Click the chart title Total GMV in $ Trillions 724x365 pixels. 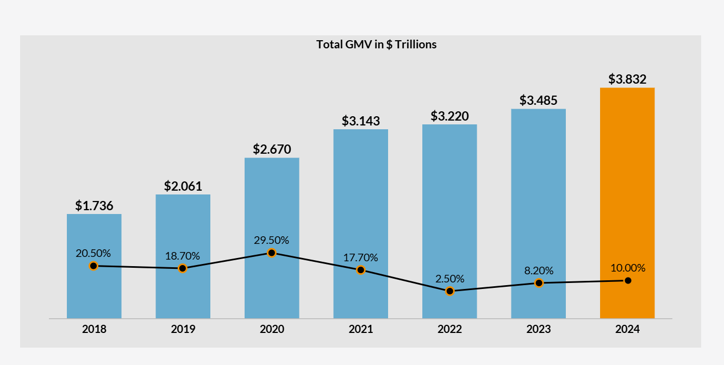pyautogui.click(x=376, y=45)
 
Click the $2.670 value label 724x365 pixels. pyautogui.click(x=272, y=149)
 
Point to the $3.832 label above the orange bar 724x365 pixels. pyautogui.click(x=627, y=79)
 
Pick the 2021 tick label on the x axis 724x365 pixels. pyautogui.click(x=360, y=329)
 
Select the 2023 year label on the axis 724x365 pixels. pyautogui.click(x=538, y=329)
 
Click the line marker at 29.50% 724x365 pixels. pyautogui.click(x=272, y=253)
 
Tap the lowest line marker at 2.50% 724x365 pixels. pyautogui.click(x=450, y=291)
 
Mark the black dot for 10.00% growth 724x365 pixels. pyautogui.click(x=628, y=280)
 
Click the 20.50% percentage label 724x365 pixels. pyautogui.click(x=93, y=253)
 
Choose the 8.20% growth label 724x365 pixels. pyautogui.click(x=539, y=270)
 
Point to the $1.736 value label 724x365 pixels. pyautogui.click(x=94, y=206)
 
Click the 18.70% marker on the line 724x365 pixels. pyautogui.click(x=183, y=268)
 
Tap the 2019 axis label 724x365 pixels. pyautogui.click(x=183, y=329)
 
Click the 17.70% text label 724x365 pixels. pyautogui.click(x=360, y=257)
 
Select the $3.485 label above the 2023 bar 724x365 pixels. pyautogui.click(x=538, y=100)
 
